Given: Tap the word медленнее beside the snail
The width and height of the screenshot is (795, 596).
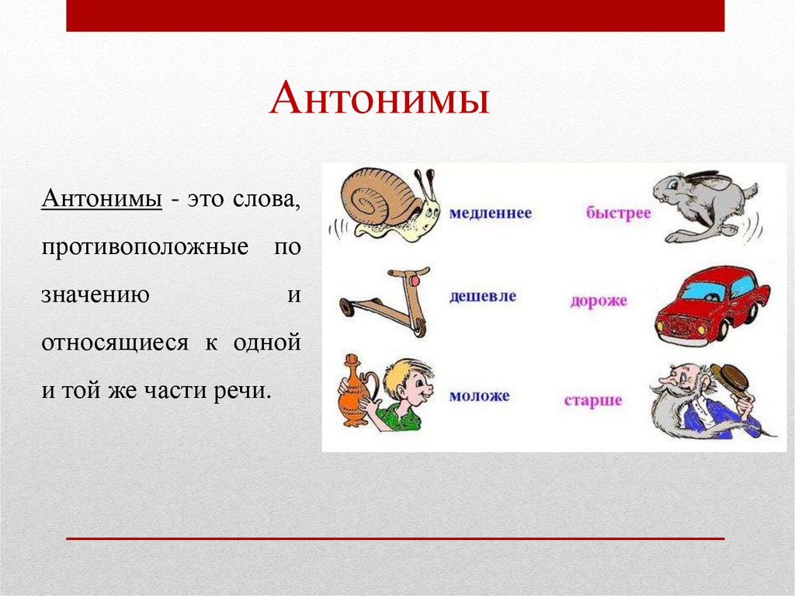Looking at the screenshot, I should point(490,212).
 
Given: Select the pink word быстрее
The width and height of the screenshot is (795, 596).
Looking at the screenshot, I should point(618,213).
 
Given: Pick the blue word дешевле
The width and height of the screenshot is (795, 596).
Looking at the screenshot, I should point(482,297).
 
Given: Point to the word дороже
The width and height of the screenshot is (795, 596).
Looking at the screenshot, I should point(598,300).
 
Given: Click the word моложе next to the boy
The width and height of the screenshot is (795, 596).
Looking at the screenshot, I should point(479,396).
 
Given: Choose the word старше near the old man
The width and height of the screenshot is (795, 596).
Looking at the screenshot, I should point(593,401).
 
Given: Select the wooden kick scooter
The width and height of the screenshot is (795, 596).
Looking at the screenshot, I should point(386,302).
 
